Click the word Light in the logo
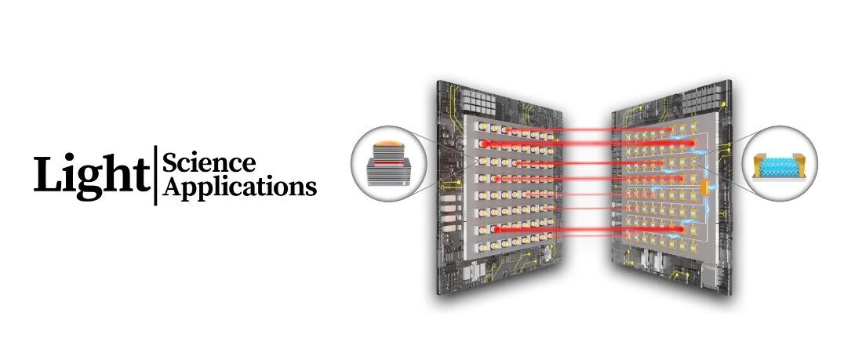[x=92, y=174]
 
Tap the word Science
[x=209, y=162]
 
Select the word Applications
[x=239, y=187]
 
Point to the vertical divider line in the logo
[x=155, y=175]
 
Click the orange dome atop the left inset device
[x=388, y=144]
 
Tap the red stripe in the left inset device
[x=388, y=162]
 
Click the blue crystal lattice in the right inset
[x=779, y=167]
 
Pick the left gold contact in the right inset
[x=759, y=165]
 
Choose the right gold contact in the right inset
[x=799, y=165]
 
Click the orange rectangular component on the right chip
[x=704, y=187]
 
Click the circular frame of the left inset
[x=351, y=164]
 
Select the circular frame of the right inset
[x=817, y=164]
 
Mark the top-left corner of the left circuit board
[x=437, y=80]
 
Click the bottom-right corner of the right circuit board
[x=732, y=294]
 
